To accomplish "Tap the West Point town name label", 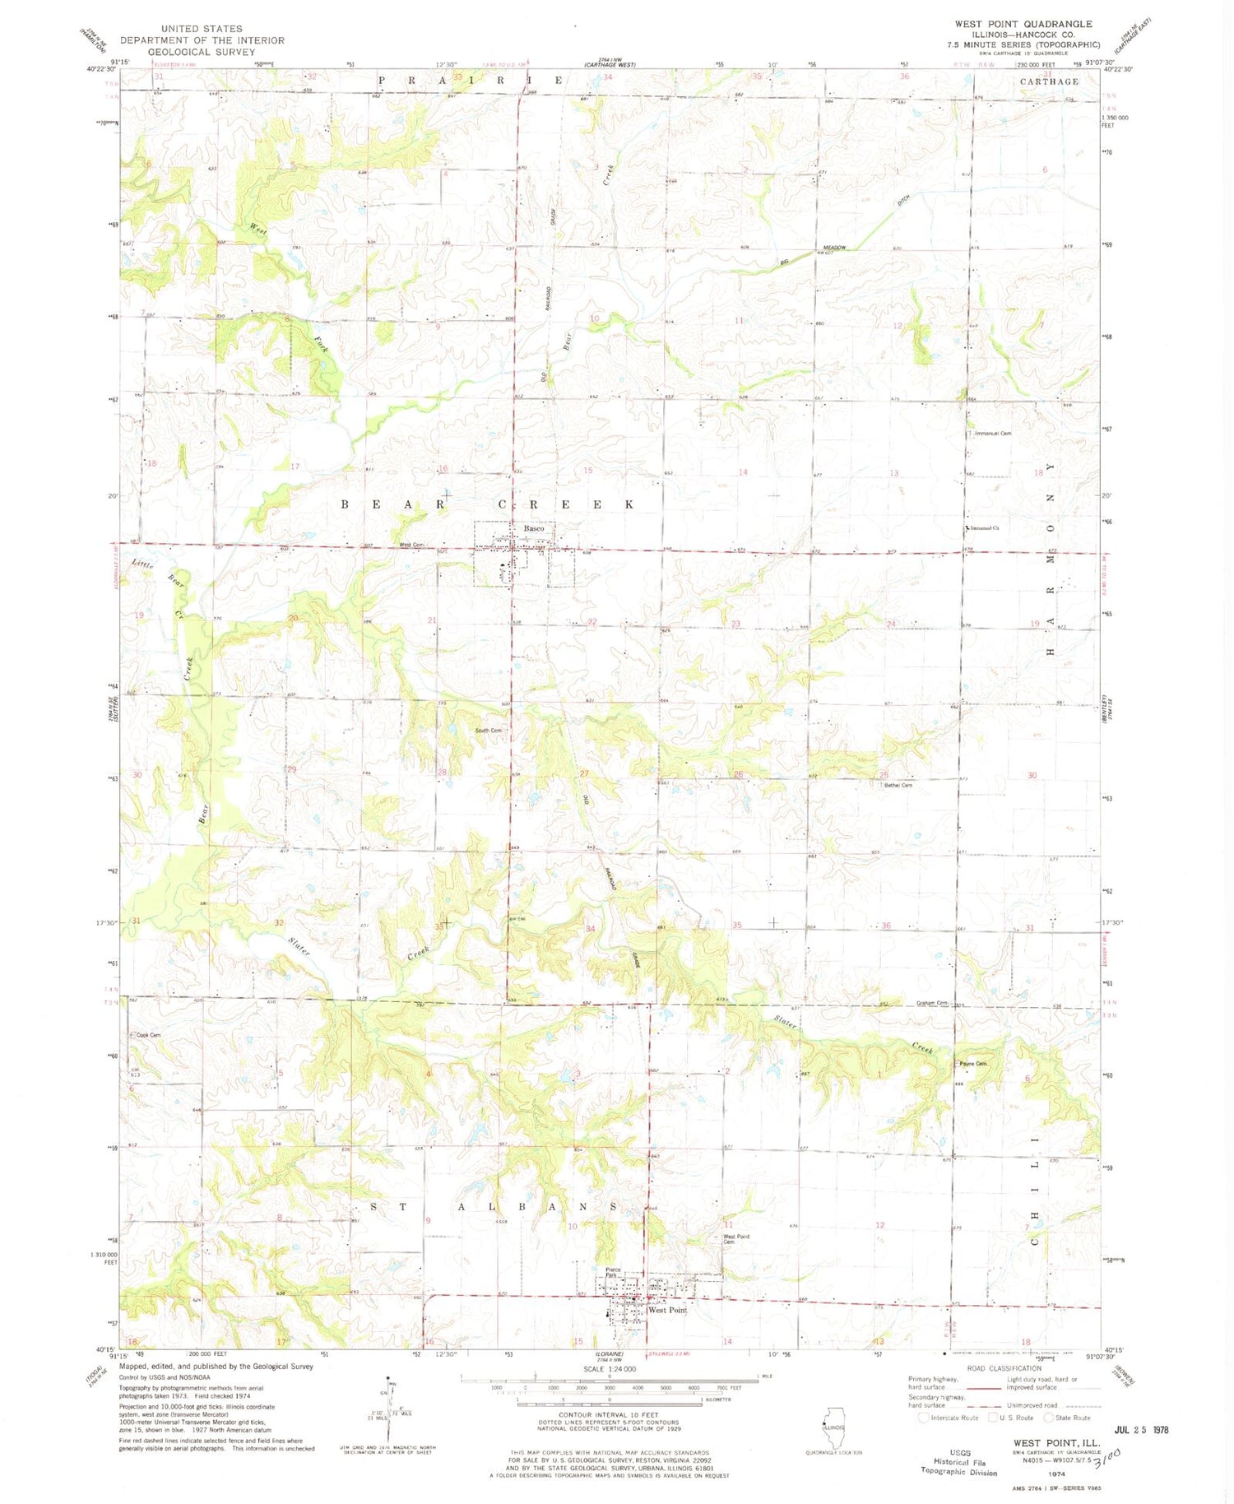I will click(x=667, y=1310).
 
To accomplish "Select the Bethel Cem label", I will click(x=898, y=785).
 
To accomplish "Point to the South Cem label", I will click(x=487, y=731).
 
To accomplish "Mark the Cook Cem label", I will click(x=148, y=1035).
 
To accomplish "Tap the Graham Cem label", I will click(x=933, y=1003).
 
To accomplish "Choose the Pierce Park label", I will click(x=614, y=1272).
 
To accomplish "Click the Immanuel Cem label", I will click(x=992, y=433).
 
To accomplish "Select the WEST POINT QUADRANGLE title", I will click(x=1023, y=24).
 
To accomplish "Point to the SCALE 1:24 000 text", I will click(x=608, y=1368).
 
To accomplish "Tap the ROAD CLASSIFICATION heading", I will click(x=1003, y=1368).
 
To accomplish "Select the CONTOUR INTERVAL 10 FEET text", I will click(x=608, y=1414).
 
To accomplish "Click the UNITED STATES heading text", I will click(x=202, y=29).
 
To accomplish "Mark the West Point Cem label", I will click(x=735, y=1239).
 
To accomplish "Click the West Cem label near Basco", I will click(x=411, y=545).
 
